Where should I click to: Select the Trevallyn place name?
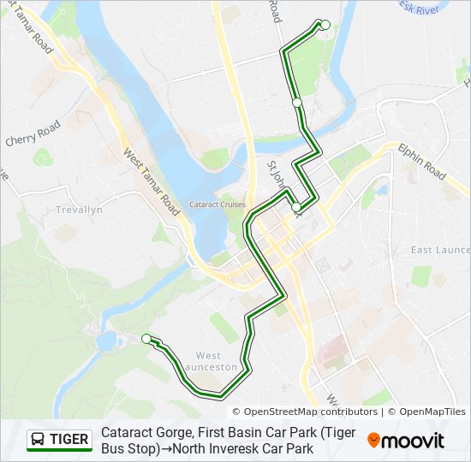(78, 210)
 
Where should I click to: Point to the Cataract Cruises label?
(218, 204)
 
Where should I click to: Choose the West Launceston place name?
(216, 361)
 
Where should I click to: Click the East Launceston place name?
(440, 250)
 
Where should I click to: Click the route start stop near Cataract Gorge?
(146, 338)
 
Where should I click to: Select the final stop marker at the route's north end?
(325, 24)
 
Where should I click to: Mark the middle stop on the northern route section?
(297, 103)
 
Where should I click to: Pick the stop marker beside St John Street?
(296, 207)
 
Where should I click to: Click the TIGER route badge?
(59, 440)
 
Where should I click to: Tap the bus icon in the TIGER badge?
(39, 440)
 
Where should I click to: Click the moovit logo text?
(414, 441)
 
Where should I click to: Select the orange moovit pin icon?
(374, 441)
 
